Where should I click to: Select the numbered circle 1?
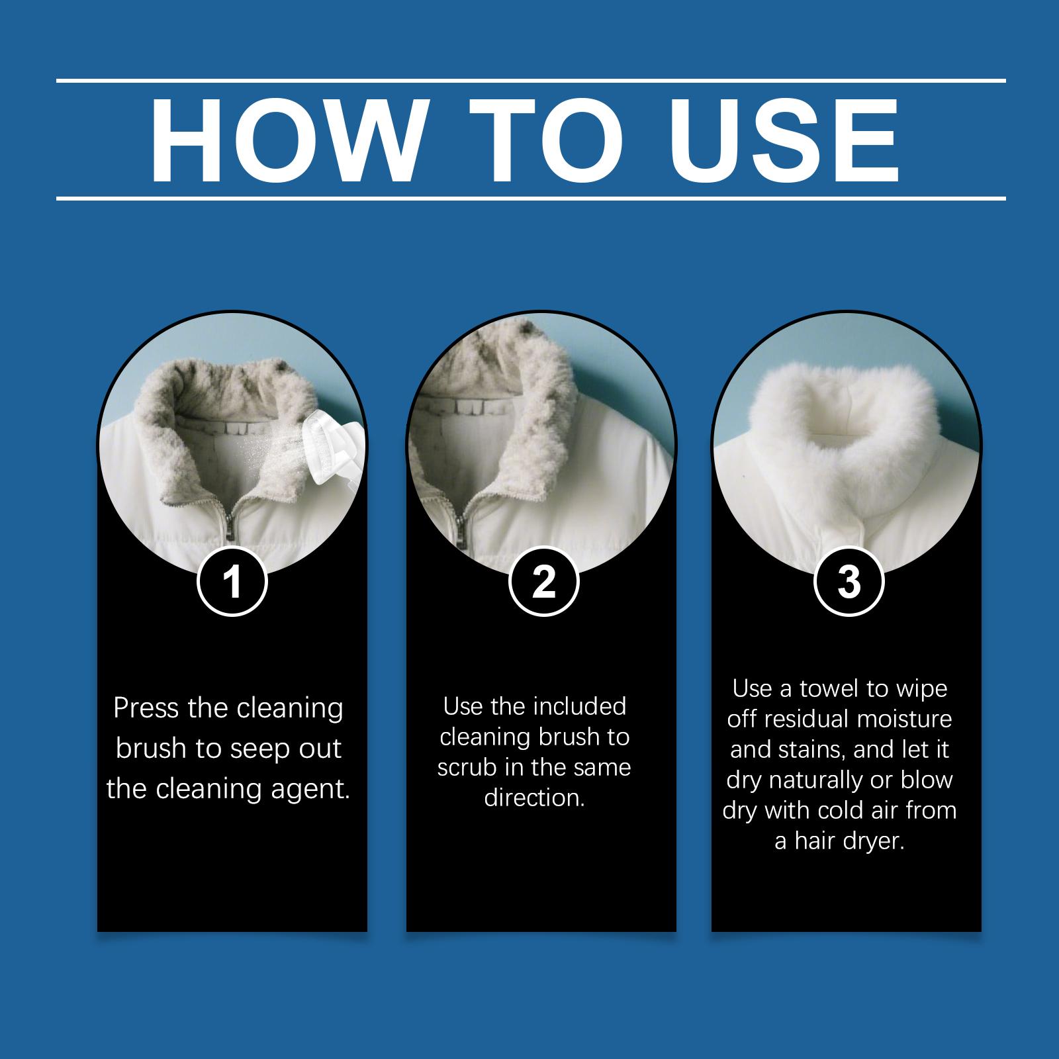(x=232, y=582)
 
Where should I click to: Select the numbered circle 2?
(x=544, y=582)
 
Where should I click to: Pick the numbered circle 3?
(x=849, y=582)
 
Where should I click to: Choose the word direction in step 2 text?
(x=535, y=798)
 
